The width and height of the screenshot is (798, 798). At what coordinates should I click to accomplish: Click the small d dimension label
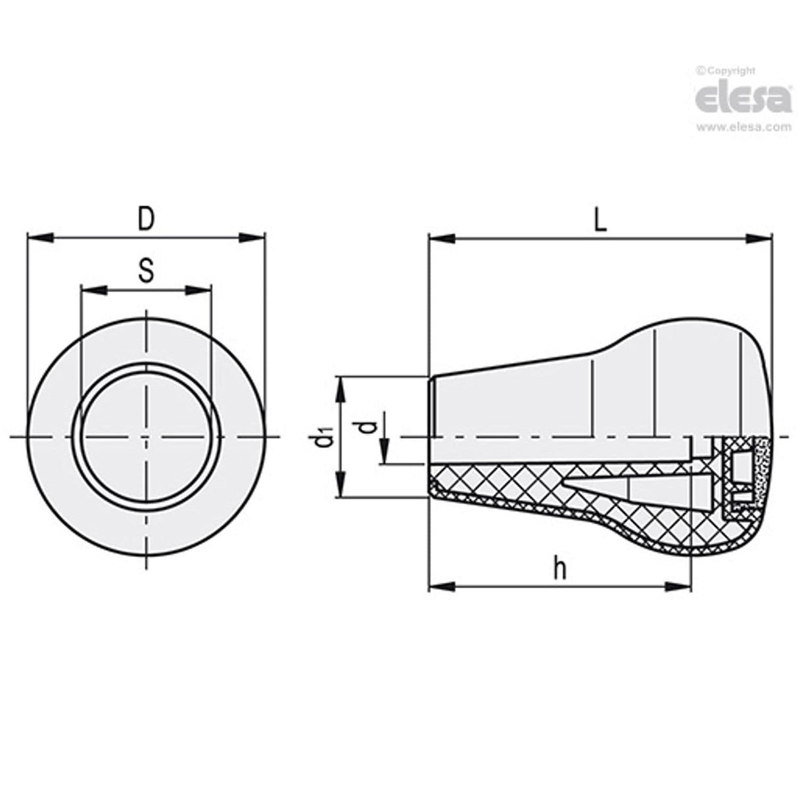370,427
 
